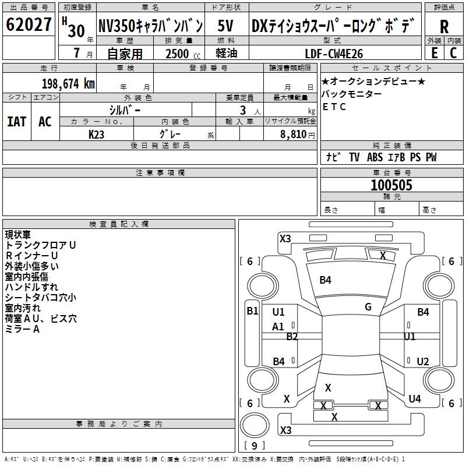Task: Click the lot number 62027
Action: click(x=29, y=25)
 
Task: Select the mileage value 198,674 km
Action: click(x=68, y=84)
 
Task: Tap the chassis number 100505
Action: click(x=391, y=185)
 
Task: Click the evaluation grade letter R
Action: click(x=444, y=27)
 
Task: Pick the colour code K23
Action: click(x=97, y=134)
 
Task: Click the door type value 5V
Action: click(x=227, y=26)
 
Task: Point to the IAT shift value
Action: click(x=16, y=122)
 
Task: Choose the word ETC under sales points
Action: click(x=334, y=107)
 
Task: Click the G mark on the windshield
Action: click(x=368, y=307)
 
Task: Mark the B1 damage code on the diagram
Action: click(x=252, y=310)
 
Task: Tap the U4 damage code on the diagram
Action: click(x=415, y=399)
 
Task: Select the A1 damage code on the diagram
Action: click(x=278, y=327)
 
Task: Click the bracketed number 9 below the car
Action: click(x=254, y=446)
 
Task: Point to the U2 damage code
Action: click(x=423, y=362)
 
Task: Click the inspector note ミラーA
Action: click(x=22, y=329)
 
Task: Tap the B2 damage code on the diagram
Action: click(x=292, y=337)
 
